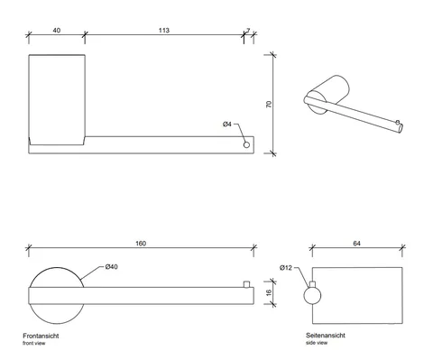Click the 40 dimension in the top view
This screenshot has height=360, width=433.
(x=57, y=31)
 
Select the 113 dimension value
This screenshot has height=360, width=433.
(x=164, y=31)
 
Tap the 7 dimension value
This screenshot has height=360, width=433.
(x=248, y=31)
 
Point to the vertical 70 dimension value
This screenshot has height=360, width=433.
(x=269, y=105)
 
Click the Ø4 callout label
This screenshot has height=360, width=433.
(x=227, y=124)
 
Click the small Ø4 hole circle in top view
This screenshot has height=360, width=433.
(x=246, y=145)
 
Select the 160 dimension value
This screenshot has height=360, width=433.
(x=141, y=244)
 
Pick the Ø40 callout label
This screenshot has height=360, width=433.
(x=112, y=267)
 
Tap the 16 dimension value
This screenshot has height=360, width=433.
(x=269, y=292)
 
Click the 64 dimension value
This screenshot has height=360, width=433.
(x=356, y=244)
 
